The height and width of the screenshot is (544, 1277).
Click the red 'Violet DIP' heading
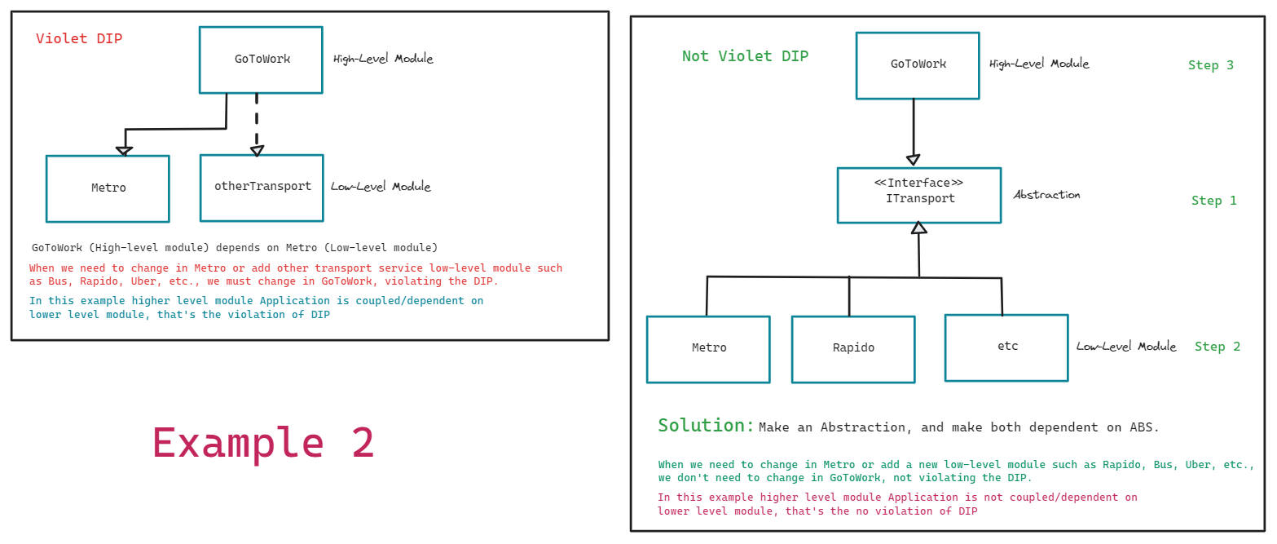(x=79, y=38)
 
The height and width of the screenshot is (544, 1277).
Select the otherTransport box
(x=262, y=188)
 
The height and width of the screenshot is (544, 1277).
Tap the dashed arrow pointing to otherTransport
(x=257, y=122)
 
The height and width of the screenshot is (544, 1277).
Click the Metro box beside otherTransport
(x=108, y=188)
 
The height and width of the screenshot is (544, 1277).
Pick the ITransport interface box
(x=918, y=195)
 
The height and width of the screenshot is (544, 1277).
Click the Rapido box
(x=852, y=348)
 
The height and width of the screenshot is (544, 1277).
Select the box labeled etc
(x=1006, y=347)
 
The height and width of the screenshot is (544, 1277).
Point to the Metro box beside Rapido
(x=708, y=348)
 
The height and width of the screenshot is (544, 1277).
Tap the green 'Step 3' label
(x=1210, y=65)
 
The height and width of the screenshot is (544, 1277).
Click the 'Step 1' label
(x=1213, y=201)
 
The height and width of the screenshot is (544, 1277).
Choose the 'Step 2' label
(x=1217, y=347)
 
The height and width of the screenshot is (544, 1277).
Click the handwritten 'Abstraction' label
(x=1046, y=195)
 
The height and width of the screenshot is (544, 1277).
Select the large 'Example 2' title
(x=263, y=444)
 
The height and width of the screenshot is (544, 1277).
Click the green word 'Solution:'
(x=706, y=426)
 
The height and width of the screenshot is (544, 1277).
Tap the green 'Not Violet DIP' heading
(x=745, y=56)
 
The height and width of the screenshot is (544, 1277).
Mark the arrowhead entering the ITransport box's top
(x=914, y=160)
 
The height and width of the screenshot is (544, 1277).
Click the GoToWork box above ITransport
(x=918, y=65)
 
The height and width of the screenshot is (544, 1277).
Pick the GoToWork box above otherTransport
(x=261, y=60)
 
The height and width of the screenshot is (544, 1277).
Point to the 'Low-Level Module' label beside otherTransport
(x=381, y=187)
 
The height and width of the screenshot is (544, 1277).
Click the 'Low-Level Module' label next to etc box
(x=1126, y=347)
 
